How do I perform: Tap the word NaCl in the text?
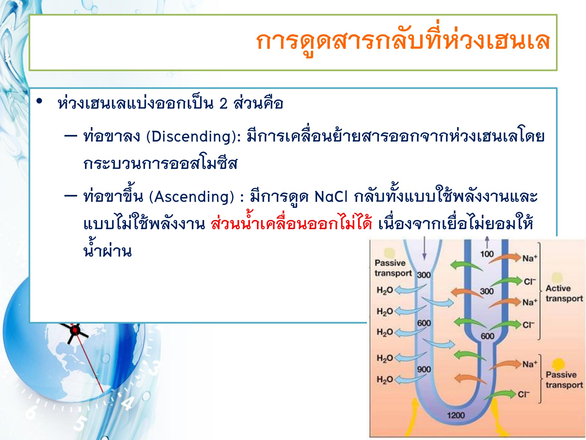tap(331, 197)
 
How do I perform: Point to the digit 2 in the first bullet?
tap(223, 104)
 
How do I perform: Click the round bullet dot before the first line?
tap(40, 101)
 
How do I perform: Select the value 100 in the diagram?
tap(487, 254)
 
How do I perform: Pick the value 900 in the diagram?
tap(424, 369)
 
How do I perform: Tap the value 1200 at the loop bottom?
tap(456, 415)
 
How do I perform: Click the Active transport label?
tap(564, 293)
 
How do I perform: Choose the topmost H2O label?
tap(384, 290)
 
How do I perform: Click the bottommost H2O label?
tap(384, 379)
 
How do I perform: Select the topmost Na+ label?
tap(530, 258)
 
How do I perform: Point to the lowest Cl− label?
tap(524, 394)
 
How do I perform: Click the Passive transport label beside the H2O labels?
tap(393, 268)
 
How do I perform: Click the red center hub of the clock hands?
tap(75, 330)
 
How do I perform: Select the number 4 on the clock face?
tap(128, 403)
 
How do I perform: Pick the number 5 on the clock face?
tap(79, 423)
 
